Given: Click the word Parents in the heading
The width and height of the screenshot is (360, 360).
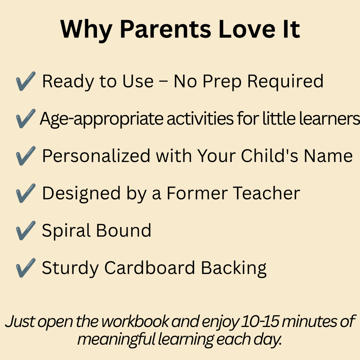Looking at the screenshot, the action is tap(165, 30).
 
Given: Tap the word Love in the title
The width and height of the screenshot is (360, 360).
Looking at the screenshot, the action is tap(246, 30).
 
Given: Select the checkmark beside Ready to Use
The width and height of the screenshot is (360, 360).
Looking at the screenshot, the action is tap(26, 81).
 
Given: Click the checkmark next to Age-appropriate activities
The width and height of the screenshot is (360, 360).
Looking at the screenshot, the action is tap(26, 118).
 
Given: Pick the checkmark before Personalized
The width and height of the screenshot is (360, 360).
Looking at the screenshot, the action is tap(26, 156).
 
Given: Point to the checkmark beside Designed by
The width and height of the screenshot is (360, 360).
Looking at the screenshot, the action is tap(26, 193).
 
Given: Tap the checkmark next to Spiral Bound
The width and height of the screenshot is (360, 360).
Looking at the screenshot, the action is tap(26, 231).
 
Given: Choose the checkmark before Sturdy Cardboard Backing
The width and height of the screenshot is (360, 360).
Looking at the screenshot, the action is tap(26, 268).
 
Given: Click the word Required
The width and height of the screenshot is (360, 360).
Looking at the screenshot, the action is tap(285, 82).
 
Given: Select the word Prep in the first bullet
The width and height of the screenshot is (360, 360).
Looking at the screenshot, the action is tap(222, 82).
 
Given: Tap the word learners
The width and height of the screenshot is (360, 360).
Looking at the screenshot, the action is tap(329, 118).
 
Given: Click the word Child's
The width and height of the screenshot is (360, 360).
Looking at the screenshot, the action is tap(270, 156).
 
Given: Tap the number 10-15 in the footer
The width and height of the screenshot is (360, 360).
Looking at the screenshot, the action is tap(260, 321).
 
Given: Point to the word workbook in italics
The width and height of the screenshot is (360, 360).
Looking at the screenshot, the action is tap(135, 321).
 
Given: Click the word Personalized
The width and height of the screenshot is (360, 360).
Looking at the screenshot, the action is tap(96, 156).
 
